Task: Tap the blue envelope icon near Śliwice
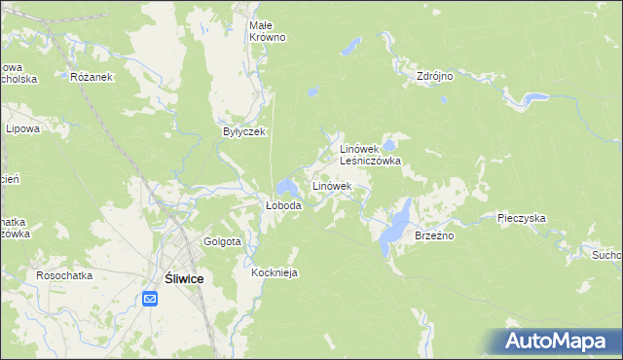[x=150, y=298]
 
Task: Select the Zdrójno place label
[x=435, y=75]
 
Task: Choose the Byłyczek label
[x=244, y=131]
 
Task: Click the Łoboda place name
[x=284, y=206]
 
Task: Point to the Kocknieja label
[x=274, y=273]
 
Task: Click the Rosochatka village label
[x=64, y=275]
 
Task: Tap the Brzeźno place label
[x=435, y=235]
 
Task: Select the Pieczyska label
[x=521, y=219]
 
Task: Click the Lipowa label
[x=21, y=127]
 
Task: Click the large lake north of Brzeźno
[x=397, y=223]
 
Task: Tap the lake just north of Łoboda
[x=286, y=187]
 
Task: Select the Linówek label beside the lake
[x=331, y=185]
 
